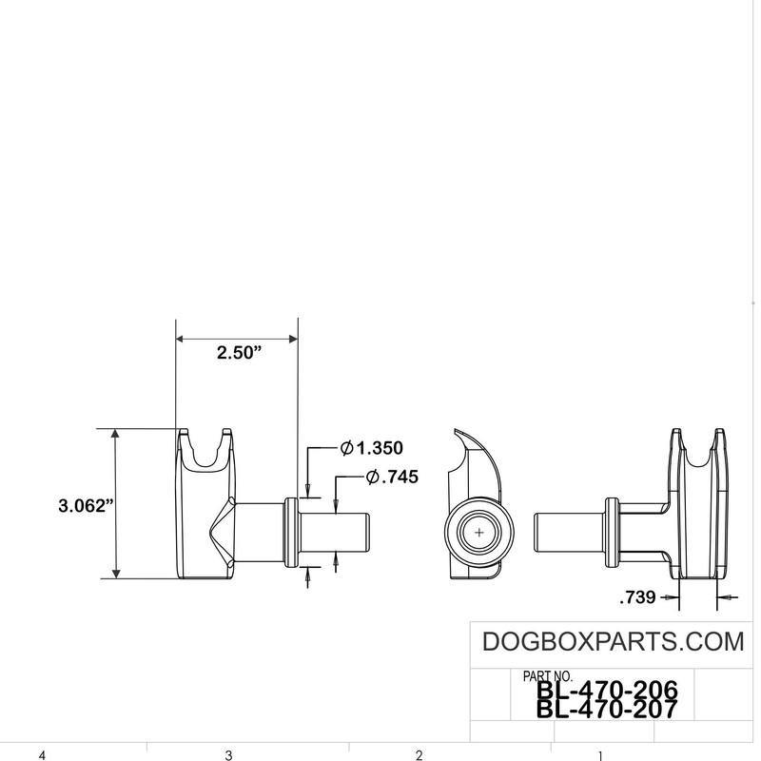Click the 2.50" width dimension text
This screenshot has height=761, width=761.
point(239,353)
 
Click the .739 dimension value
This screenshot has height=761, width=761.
point(637,598)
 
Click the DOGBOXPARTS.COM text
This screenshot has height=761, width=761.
point(614,641)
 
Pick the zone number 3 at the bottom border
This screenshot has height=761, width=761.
point(228,755)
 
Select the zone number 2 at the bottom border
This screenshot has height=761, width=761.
point(419,755)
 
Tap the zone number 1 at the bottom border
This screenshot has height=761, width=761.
point(600,755)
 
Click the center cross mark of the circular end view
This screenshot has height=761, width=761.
point(478,533)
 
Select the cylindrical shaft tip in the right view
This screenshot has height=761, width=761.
point(552,534)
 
